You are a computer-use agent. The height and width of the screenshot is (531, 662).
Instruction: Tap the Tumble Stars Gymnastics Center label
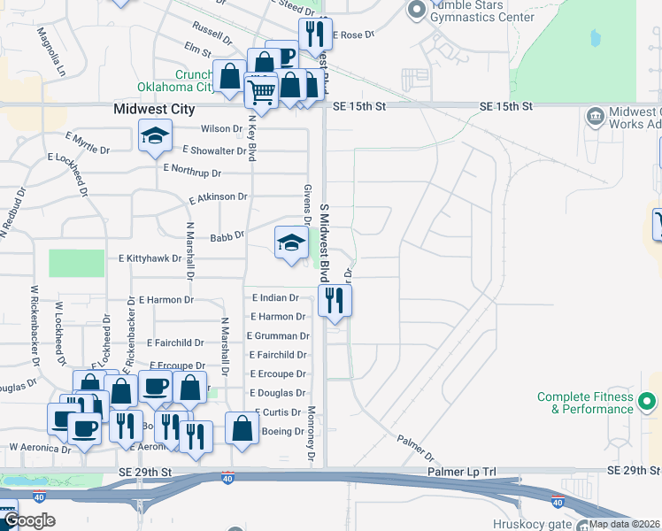(482, 11)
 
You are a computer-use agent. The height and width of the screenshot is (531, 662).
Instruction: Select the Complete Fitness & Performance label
(586, 403)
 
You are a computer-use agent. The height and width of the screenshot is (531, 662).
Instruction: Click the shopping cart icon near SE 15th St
(262, 91)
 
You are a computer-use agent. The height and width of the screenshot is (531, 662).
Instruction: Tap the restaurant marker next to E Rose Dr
(314, 35)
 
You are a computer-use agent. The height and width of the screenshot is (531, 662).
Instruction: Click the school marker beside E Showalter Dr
(155, 137)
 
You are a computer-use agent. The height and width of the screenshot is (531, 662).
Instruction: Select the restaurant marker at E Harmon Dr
(335, 300)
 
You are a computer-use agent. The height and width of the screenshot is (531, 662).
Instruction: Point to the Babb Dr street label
(227, 237)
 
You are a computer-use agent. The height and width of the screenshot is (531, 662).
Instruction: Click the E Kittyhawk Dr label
(150, 259)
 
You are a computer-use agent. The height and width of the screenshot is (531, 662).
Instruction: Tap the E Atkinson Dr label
(218, 197)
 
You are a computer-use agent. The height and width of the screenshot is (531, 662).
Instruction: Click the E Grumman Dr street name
(278, 336)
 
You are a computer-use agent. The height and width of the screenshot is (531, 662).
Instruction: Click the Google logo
(30, 520)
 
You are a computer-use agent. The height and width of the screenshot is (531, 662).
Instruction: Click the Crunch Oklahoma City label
(178, 81)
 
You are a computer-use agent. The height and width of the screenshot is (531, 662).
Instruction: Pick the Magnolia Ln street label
(50, 50)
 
